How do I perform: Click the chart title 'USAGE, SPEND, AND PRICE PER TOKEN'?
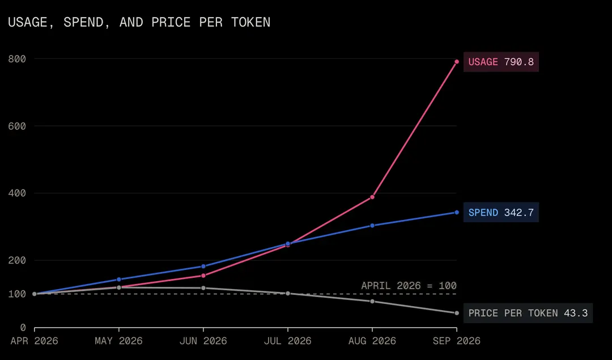[139, 22]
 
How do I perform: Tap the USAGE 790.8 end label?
[501, 62]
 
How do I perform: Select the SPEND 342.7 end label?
[501, 213]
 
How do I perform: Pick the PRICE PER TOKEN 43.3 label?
[528, 313]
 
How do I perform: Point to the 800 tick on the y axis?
[17, 59]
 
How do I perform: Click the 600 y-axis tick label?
[17, 126]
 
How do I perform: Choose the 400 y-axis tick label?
[17, 193]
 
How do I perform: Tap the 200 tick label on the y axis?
[17, 260]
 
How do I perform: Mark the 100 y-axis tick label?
[17, 294]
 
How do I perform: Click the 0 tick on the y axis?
[23, 328]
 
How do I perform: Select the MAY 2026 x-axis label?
[118, 341]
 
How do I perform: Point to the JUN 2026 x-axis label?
[203, 341]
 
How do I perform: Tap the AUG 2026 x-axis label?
[372, 341]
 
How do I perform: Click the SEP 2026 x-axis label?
[457, 341]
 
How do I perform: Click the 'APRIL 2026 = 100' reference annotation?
[409, 286]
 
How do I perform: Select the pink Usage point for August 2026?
[372, 197]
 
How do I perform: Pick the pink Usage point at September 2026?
[457, 62]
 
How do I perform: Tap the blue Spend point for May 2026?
[119, 279]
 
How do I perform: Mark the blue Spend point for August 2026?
[372, 226]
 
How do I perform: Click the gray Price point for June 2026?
[203, 288]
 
